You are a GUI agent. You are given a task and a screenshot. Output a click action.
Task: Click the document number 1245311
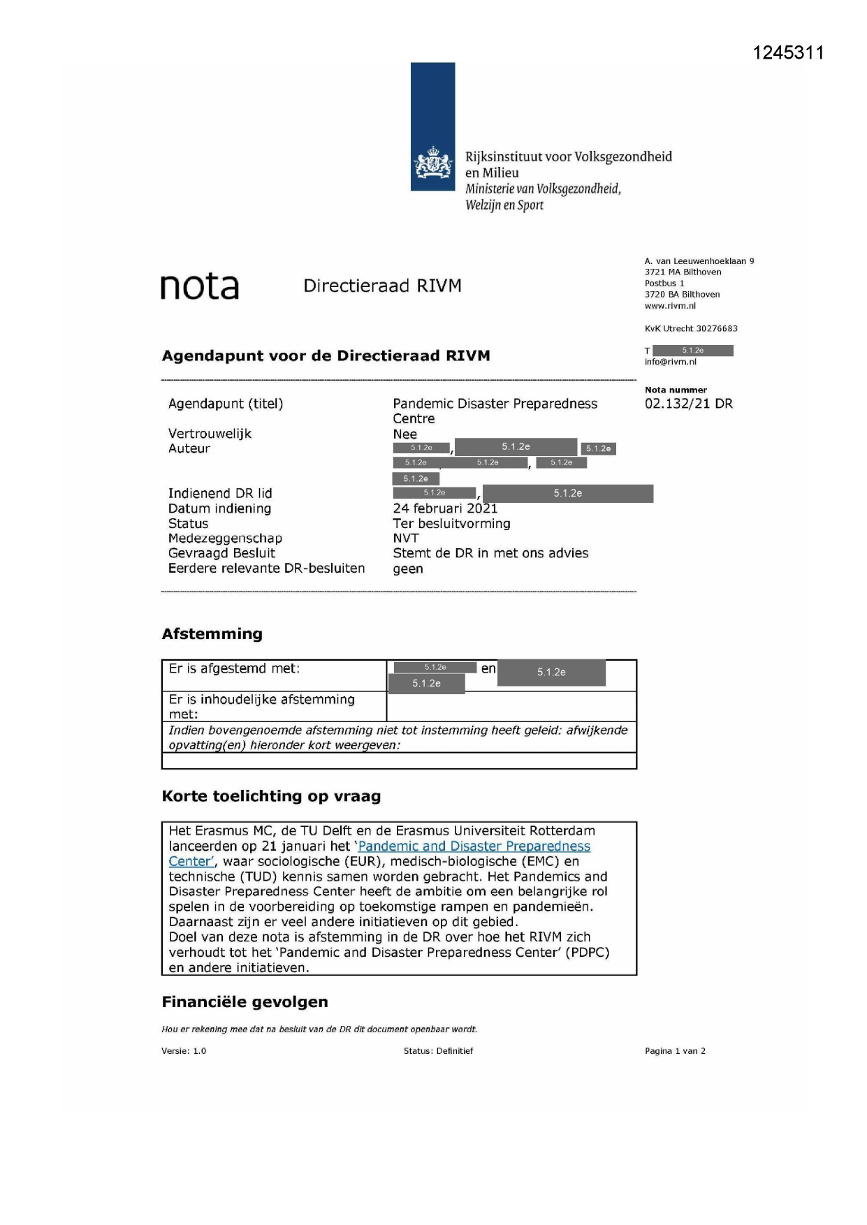788,53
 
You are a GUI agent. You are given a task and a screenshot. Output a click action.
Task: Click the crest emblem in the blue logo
432,164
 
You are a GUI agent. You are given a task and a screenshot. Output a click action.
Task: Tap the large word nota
200,286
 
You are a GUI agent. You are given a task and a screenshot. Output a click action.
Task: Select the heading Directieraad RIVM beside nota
382,286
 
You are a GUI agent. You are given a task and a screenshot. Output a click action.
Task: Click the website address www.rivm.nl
670,306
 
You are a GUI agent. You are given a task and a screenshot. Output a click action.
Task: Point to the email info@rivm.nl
670,362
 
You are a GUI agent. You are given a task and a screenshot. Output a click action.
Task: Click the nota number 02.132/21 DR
688,404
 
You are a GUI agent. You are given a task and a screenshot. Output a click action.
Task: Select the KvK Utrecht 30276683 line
691,328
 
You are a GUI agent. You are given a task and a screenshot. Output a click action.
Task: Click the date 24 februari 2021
445,508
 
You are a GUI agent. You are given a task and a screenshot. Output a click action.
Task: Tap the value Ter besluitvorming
451,524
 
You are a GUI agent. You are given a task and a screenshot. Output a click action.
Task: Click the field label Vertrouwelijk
210,434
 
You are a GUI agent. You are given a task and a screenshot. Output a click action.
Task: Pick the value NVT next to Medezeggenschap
406,538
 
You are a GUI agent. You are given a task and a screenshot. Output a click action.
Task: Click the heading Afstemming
212,634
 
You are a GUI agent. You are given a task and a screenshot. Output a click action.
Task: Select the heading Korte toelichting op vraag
271,796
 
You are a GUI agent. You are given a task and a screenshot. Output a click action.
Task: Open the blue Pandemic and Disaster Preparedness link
474,846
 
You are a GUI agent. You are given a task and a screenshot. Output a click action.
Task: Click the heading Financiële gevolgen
245,1002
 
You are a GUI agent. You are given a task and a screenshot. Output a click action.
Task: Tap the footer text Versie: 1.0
184,1051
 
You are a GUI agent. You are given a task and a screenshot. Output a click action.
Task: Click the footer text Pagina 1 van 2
675,1051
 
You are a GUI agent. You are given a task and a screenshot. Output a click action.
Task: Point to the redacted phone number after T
692,351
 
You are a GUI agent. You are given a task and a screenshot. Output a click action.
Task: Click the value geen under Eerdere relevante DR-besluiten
408,569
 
